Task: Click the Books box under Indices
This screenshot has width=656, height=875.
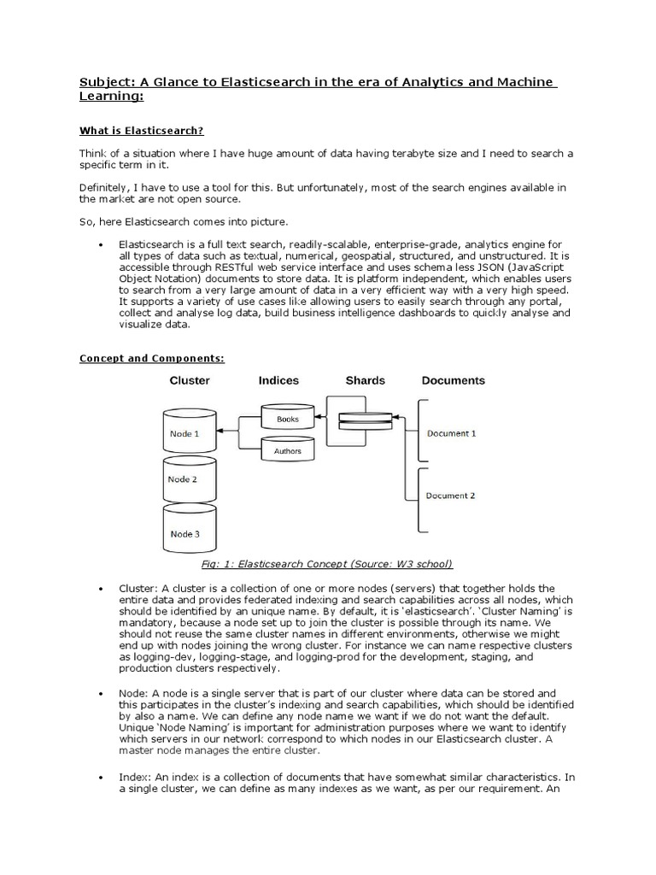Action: [x=287, y=419]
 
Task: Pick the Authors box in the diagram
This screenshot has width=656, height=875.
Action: [x=287, y=450]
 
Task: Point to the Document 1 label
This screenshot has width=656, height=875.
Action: [x=451, y=433]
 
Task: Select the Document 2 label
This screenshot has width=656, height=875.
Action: [x=451, y=496]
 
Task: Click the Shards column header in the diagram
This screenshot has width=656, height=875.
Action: [x=365, y=380]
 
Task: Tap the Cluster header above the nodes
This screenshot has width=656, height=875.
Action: [x=190, y=380]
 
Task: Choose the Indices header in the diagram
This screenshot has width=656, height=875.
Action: [x=278, y=380]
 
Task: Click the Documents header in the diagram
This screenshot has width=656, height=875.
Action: [x=453, y=380]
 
